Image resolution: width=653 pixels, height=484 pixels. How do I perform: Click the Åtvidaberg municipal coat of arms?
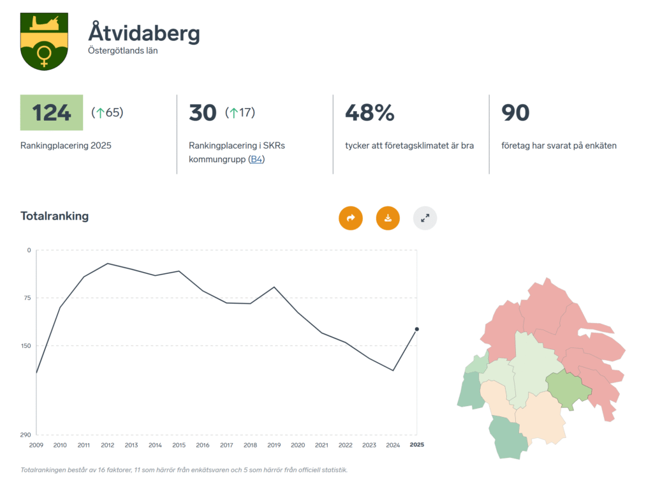[x=44, y=41]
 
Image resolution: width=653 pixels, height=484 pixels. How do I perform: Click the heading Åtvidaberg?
[x=144, y=33]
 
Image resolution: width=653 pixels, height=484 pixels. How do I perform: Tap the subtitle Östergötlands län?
[x=122, y=50]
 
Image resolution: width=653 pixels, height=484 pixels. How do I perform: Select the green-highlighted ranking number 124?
[x=52, y=112]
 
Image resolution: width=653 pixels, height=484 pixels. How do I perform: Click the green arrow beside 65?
[x=99, y=113]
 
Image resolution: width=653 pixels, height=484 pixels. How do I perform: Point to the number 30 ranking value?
[x=203, y=112]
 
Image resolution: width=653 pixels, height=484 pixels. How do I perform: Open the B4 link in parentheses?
[x=256, y=159]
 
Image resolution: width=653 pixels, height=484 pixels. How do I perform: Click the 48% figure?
[x=370, y=112]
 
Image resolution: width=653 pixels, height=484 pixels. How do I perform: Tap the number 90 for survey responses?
[x=515, y=112]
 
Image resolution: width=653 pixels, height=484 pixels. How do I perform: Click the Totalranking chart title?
[x=55, y=216]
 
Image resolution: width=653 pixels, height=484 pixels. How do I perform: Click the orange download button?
[x=388, y=218]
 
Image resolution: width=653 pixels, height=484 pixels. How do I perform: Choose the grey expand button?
[x=425, y=218]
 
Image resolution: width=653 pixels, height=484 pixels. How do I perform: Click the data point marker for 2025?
[x=417, y=329]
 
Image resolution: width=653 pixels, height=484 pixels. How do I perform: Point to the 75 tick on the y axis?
[x=27, y=298]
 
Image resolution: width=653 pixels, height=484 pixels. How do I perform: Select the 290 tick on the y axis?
[x=25, y=435]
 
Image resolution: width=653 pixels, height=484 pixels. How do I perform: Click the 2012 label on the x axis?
[x=107, y=445]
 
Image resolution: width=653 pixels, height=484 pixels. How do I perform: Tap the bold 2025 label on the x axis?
[x=416, y=444]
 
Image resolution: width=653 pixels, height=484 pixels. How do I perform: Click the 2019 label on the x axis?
[x=274, y=445]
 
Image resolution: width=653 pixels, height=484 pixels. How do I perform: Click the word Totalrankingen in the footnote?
[x=44, y=470]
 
